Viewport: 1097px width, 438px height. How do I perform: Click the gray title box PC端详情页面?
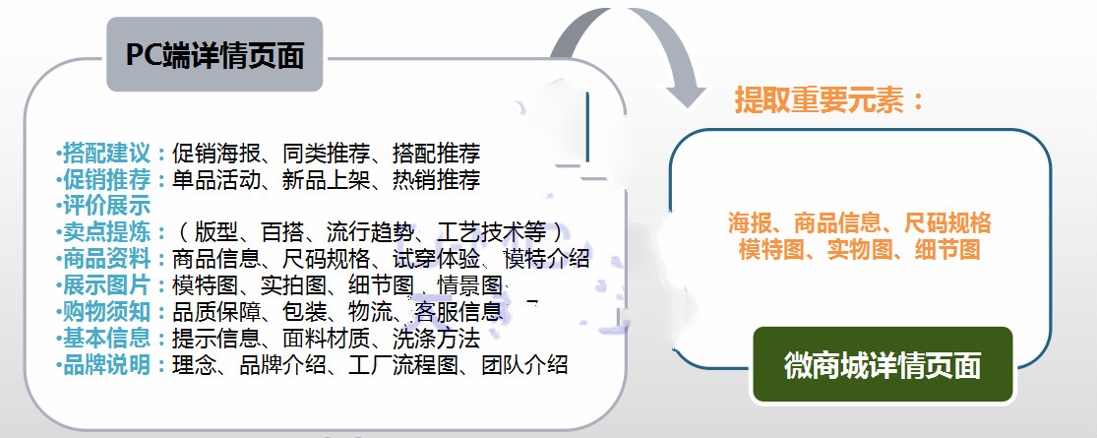coord(214,55)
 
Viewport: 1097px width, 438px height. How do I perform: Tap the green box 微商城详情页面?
coord(883,365)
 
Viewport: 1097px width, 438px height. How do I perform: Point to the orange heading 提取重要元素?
coord(829,100)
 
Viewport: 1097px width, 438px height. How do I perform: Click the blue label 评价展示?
coord(106,206)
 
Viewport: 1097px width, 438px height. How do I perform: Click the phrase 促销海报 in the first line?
coord(215,153)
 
